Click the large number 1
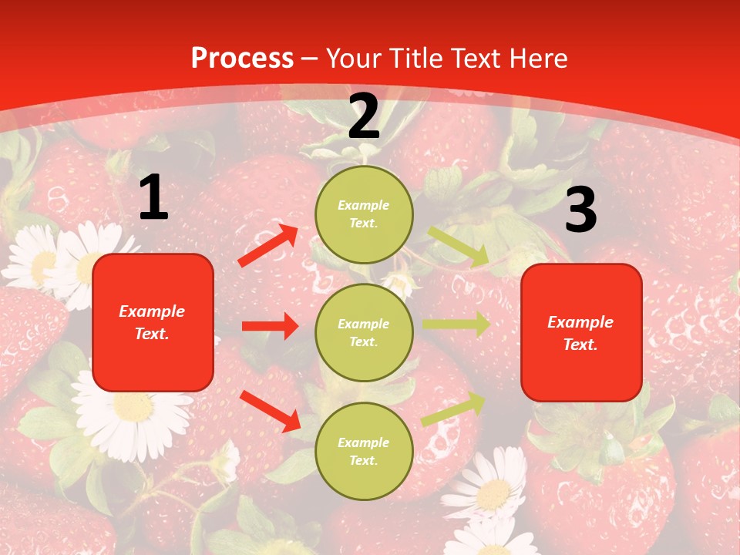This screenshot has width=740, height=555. click(153, 198)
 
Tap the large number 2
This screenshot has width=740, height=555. click(364, 116)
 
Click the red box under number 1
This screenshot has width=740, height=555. click(153, 322)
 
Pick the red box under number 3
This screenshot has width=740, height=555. click(581, 332)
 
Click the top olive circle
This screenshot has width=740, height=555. click(364, 214)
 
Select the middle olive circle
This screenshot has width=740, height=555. click(364, 332)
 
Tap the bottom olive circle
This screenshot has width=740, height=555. click(364, 451)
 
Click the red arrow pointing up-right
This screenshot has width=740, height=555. click(268, 245)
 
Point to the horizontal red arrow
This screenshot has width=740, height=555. click(270, 326)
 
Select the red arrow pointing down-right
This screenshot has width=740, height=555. click(271, 411)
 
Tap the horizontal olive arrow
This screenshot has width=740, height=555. click(456, 325)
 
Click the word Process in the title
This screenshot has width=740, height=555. click(242, 59)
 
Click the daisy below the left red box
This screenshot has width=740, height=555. click(133, 412)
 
